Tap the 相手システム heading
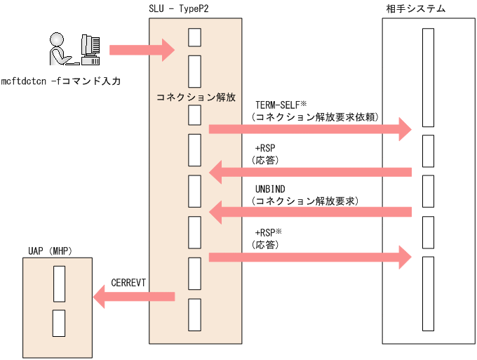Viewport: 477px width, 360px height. pos(415,9)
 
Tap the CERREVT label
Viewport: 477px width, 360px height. pos(128,282)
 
